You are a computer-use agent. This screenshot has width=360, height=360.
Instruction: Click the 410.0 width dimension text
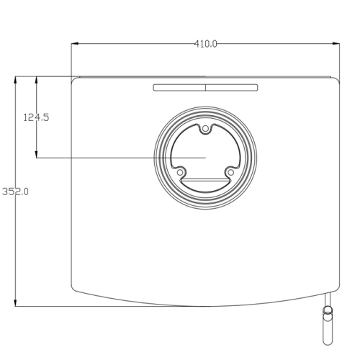[x=205, y=44]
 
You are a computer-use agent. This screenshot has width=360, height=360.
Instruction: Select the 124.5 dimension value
[x=36, y=117]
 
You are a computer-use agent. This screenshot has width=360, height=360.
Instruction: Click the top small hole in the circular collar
[x=205, y=129]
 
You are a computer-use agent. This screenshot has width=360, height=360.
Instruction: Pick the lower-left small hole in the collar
[x=181, y=172]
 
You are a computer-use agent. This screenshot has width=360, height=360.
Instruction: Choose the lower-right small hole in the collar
[x=230, y=172]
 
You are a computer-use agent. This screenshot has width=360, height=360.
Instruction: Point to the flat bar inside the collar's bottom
[x=205, y=180]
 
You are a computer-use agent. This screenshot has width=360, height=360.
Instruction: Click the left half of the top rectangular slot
[x=179, y=88]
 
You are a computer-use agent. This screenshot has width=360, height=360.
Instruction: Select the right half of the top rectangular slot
[x=231, y=88]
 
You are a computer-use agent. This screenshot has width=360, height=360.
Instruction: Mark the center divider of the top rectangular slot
[x=205, y=88]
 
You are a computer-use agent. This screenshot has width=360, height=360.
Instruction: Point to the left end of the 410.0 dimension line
[x=72, y=44]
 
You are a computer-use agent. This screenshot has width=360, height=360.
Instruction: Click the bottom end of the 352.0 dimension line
[x=16, y=305]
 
